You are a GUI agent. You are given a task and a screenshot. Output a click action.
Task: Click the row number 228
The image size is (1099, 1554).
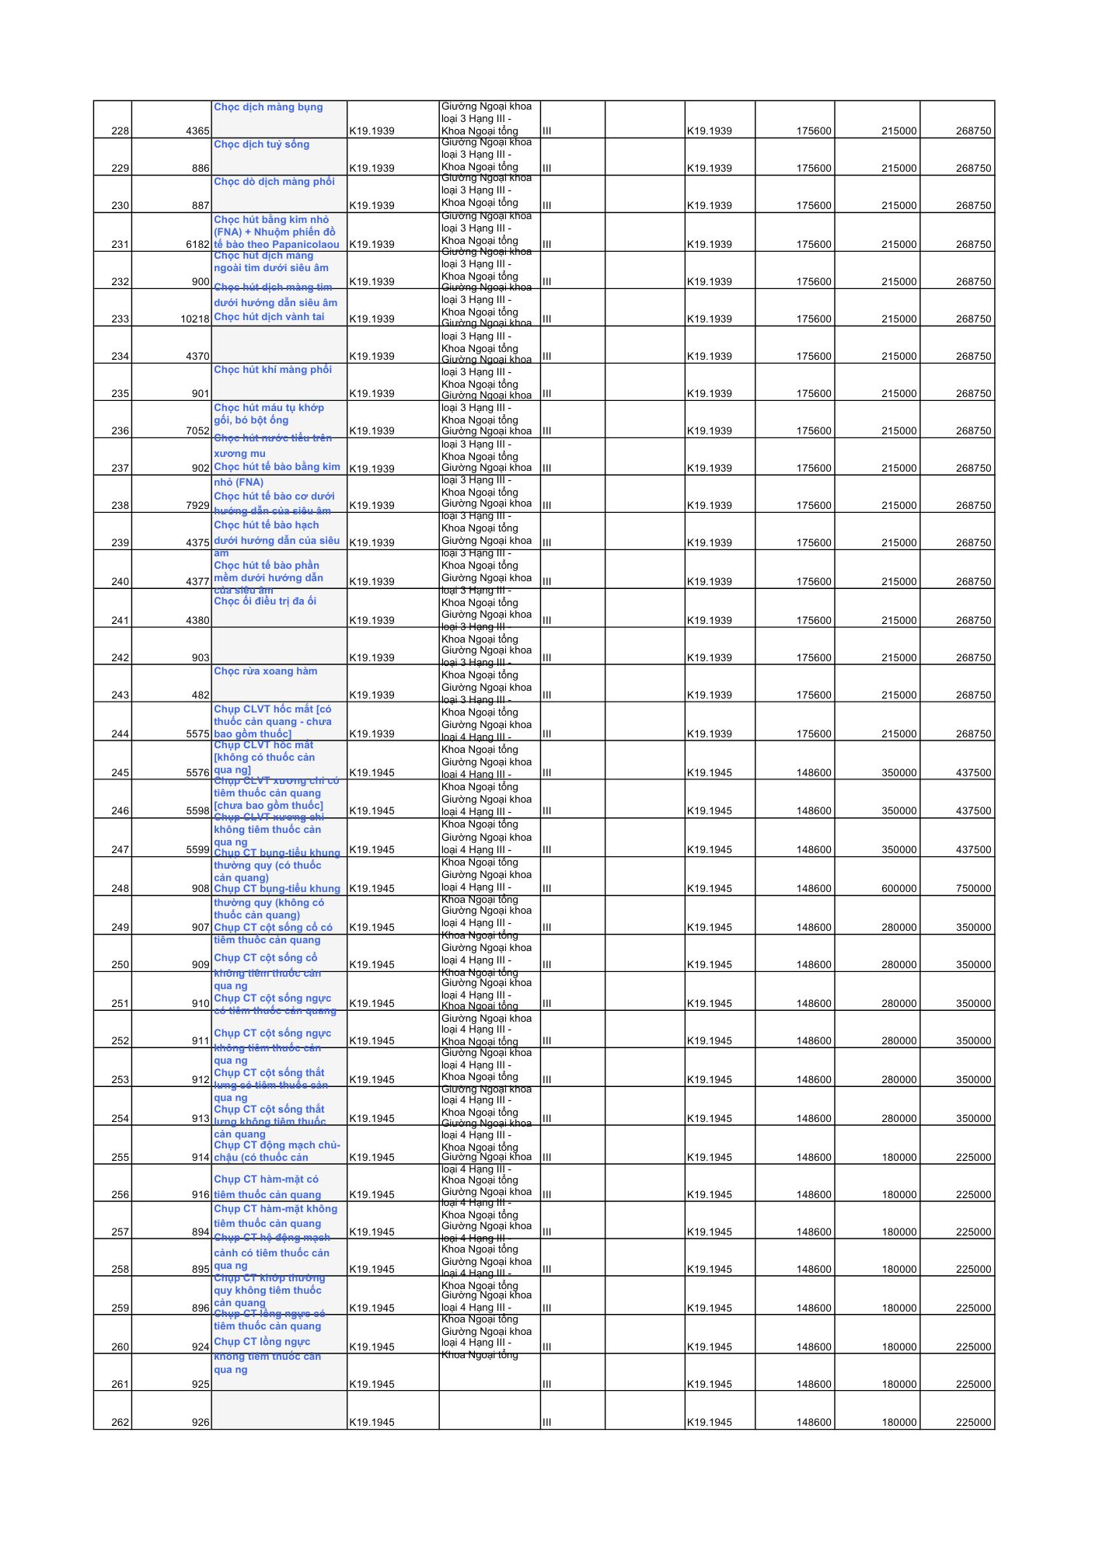click(120, 131)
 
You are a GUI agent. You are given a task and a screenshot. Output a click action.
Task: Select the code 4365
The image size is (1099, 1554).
click(197, 131)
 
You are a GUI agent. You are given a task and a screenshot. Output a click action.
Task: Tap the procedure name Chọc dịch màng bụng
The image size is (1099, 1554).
click(268, 107)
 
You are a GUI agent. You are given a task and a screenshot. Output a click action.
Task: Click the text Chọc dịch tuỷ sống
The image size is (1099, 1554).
click(261, 145)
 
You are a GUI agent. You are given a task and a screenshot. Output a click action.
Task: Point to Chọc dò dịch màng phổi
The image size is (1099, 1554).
click(274, 182)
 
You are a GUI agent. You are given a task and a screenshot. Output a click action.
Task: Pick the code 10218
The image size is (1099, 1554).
click(195, 319)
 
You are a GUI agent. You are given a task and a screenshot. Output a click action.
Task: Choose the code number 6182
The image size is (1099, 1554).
click(197, 245)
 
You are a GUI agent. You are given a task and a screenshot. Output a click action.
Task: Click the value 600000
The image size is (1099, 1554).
click(898, 889)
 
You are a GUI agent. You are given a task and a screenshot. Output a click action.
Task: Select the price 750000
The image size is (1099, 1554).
click(973, 889)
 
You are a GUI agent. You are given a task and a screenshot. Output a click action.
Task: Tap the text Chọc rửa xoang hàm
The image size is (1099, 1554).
click(265, 671)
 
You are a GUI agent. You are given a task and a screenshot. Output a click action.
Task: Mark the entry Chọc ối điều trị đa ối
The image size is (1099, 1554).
click(265, 601)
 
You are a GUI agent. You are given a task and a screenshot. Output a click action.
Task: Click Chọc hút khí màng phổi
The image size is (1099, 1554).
click(273, 370)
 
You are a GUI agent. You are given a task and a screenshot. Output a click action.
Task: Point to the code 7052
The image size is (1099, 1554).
click(197, 431)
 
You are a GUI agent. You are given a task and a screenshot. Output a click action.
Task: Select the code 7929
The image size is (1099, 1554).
click(197, 506)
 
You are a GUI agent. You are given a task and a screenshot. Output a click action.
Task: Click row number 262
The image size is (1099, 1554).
click(120, 1423)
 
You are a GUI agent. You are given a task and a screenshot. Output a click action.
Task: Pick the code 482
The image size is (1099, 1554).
click(201, 695)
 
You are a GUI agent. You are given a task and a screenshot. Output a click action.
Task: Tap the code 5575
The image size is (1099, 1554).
click(197, 734)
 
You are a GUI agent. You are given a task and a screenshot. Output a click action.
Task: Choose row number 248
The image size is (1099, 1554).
click(120, 889)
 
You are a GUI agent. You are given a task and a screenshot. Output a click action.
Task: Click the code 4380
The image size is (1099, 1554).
click(197, 621)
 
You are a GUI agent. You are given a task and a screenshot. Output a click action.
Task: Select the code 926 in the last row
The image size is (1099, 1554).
click(201, 1423)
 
